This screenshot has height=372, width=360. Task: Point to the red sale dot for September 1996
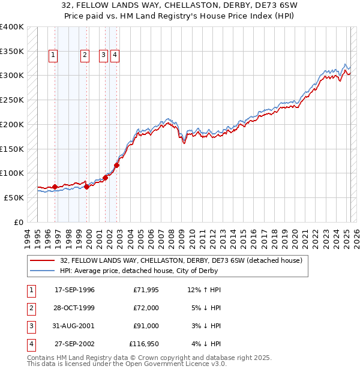(55, 187)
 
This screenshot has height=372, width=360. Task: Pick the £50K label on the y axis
(14, 197)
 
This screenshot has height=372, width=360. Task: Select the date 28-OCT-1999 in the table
(74, 308)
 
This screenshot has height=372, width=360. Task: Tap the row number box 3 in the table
(31, 326)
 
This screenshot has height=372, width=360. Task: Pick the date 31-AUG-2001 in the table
(74, 326)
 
